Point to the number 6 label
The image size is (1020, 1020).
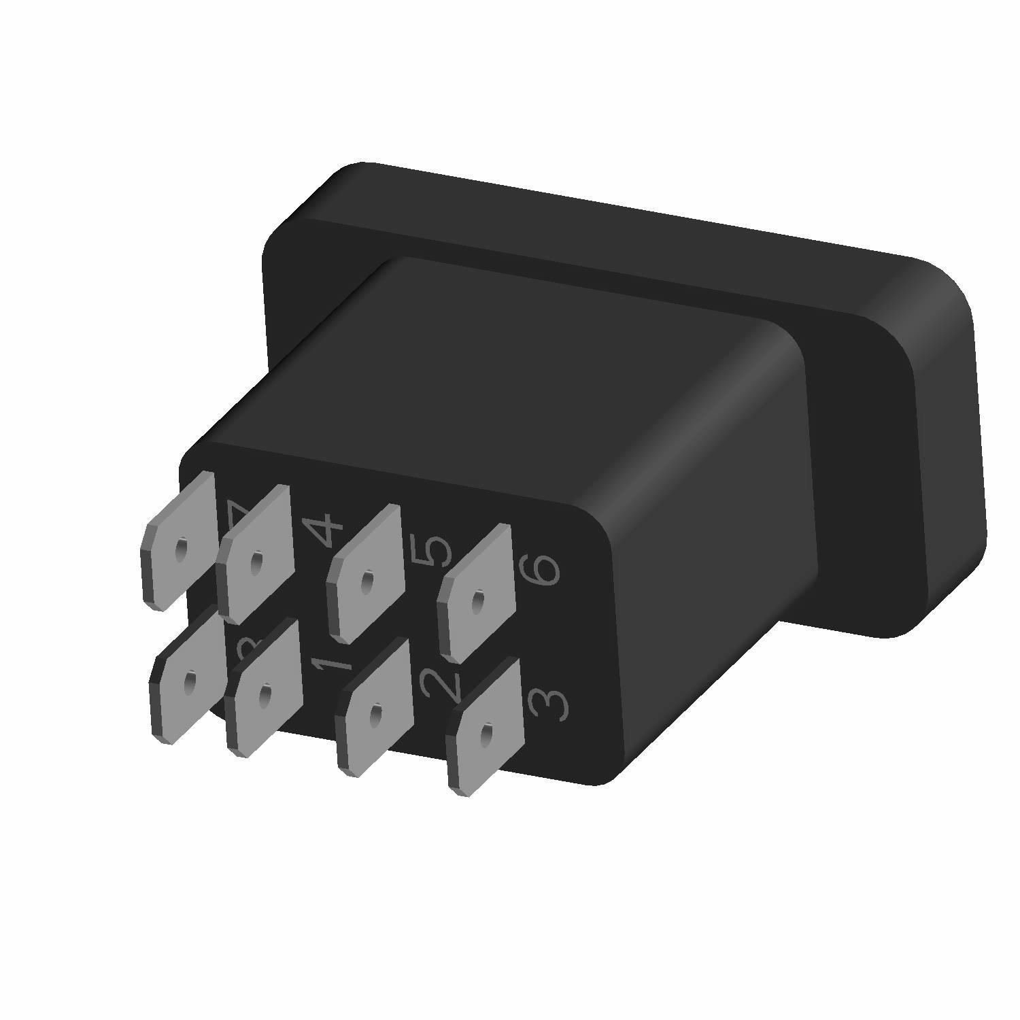click(x=541, y=570)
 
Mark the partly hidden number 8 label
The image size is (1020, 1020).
click(x=246, y=653)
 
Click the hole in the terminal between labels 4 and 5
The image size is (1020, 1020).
click(x=367, y=581)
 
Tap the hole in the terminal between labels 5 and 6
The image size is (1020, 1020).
click(x=478, y=600)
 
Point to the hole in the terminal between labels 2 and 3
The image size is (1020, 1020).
click(x=486, y=733)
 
